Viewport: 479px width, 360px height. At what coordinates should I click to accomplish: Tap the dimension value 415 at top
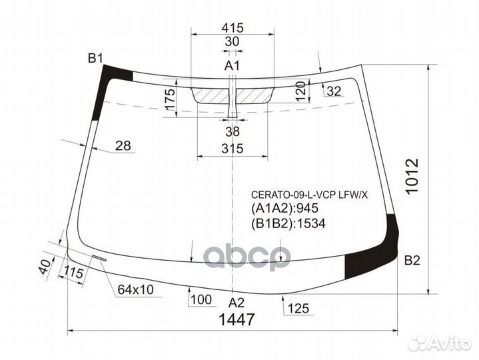pyautogui.click(x=232, y=28)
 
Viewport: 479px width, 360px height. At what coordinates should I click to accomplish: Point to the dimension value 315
pyautogui.click(x=232, y=148)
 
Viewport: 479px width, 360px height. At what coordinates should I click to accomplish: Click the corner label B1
pyautogui.click(x=95, y=59)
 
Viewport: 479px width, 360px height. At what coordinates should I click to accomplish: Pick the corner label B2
pyautogui.click(x=412, y=261)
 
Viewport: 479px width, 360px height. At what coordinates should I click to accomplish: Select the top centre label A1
pyautogui.click(x=232, y=65)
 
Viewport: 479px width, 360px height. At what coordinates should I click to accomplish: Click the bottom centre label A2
pyautogui.click(x=237, y=301)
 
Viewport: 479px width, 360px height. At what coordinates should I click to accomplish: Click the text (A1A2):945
pyautogui.click(x=282, y=210)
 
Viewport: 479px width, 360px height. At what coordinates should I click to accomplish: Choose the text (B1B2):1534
pyautogui.click(x=287, y=223)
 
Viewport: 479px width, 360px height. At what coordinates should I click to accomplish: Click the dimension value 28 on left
pyautogui.click(x=122, y=146)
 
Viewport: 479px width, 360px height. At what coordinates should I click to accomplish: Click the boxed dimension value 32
pyautogui.click(x=334, y=91)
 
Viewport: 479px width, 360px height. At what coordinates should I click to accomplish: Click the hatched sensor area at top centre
pyautogui.click(x=233, y=95)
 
